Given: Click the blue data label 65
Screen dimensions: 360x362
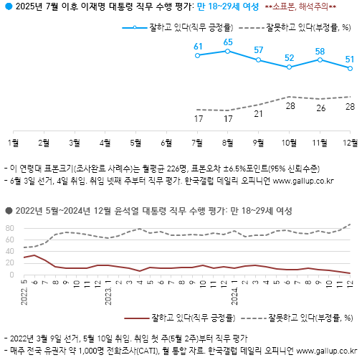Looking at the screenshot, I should [228, 42].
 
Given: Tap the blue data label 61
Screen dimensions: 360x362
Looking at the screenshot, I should [198, 47].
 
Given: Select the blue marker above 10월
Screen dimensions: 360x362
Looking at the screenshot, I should [289, 67].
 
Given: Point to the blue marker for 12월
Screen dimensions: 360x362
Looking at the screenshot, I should [350, 69].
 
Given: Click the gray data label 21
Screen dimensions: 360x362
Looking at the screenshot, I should [258, 114].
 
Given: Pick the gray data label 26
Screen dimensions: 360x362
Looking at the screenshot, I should [319, 108].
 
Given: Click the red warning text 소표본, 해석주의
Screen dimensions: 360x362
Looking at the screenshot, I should [313, 8].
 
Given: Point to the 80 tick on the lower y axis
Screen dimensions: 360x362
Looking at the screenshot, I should [10, 228].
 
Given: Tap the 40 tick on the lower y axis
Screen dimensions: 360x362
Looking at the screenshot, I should [10, 252].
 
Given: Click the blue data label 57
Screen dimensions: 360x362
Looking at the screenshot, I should [258, 50].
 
